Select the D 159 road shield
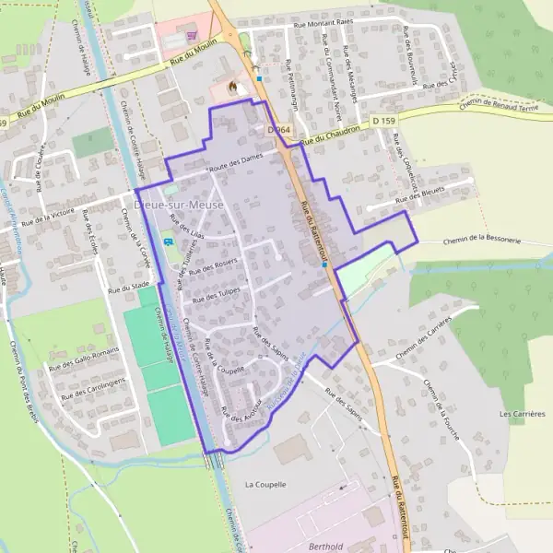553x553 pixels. coord(383,121)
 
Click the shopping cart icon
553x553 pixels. coord(192,35)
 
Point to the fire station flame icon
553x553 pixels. coord(231,88)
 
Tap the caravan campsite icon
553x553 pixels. coord(168,242)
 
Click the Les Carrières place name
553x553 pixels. coord(523,414)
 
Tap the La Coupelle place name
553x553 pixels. coord(265,484)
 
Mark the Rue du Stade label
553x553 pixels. coord(128,288)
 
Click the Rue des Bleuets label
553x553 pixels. coord(419,198)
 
